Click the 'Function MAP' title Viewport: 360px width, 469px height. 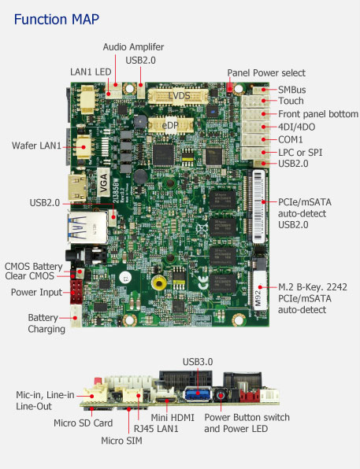pyautogui.click(x=56, y=20)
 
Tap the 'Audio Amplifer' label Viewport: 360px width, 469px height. pyautogui.click(x=133, y=47)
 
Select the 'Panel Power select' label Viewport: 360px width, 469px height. pyautogui.click(x=266, y=72)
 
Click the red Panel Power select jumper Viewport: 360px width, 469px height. pyautogui.click(x=230, y=87)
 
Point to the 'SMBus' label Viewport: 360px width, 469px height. pyautogui.click(x=291, y=90)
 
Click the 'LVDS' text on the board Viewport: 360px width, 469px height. pyautogui.click(x=179, y=96)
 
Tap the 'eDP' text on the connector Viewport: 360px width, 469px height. pyautogui.click(x=170, y=126)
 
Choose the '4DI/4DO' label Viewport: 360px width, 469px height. pyautogui.click(x=296, y=127)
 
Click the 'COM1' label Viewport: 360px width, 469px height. pyautogui.click(x=290, y=140)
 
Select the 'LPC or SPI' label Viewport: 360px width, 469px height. pyautogui.click(x=300, y=153)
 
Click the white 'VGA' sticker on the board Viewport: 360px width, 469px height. pyautogui.click(x=103, y=182)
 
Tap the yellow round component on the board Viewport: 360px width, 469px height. pyautogui.click(x=159, y=283)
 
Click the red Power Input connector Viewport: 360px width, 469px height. pyautogui.click(x=76, y=292)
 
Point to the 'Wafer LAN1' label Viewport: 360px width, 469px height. pyautogui.click(x=36, y=146)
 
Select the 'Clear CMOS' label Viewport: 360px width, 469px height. pyautogui.click(x=29, y=275)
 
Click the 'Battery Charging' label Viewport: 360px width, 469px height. pyautogui.click(x=46, y=323)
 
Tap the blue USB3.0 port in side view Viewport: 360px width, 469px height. pyautogui.click(x=198, y=393)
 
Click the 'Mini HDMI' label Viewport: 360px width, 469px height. pyautogui.click(x=173, y=417)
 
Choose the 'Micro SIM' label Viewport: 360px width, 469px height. pyautogui.click(x=121, y=441)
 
